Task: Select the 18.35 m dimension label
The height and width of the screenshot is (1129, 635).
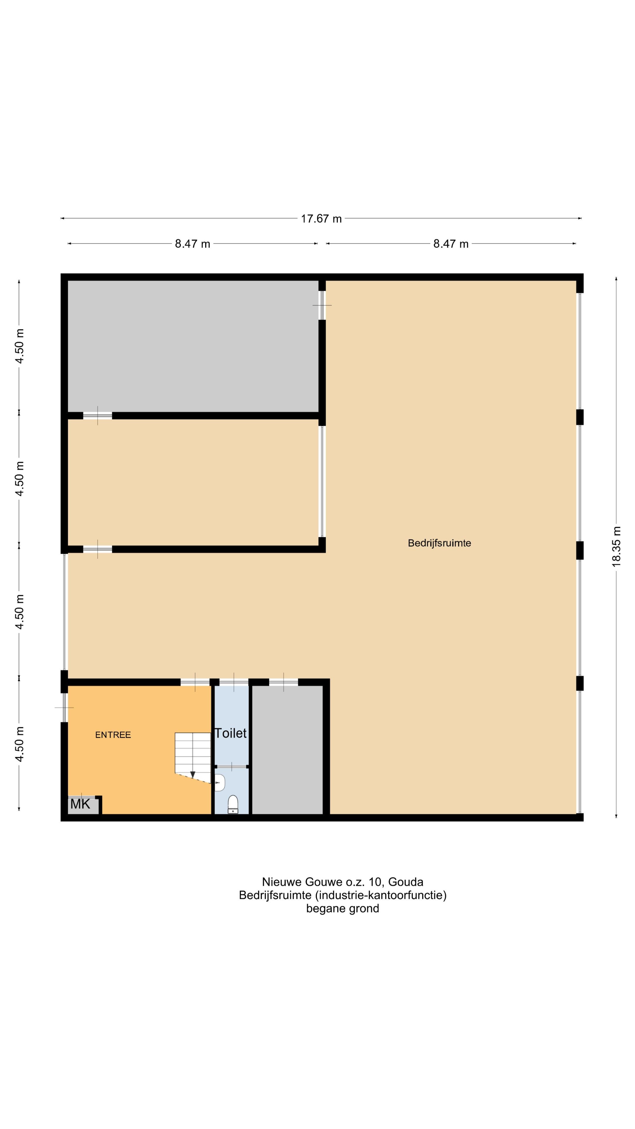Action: click(x=616, y=547)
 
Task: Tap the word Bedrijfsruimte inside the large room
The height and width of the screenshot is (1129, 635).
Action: click(x=439, y=543)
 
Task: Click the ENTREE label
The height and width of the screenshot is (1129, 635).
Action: click(x=113, y=735)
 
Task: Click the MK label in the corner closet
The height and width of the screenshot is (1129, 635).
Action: click(x=80, y=804)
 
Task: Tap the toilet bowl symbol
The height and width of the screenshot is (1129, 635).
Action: click(x=233, y=804)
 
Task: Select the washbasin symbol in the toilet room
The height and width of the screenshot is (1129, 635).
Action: click(x=220, y=782)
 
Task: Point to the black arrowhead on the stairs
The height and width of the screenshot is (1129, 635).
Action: click(x=192, y=774)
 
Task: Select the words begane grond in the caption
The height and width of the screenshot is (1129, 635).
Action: click(x=343, y=908)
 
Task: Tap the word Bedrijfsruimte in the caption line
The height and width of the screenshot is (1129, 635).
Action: click(x=275, y=895)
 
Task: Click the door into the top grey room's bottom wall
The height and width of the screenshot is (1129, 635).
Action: click(x=97, y=415)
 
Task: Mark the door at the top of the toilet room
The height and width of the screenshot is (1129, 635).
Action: click(x=234, y=682)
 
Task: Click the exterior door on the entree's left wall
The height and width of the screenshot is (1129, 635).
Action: click(x=64, y=707)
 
